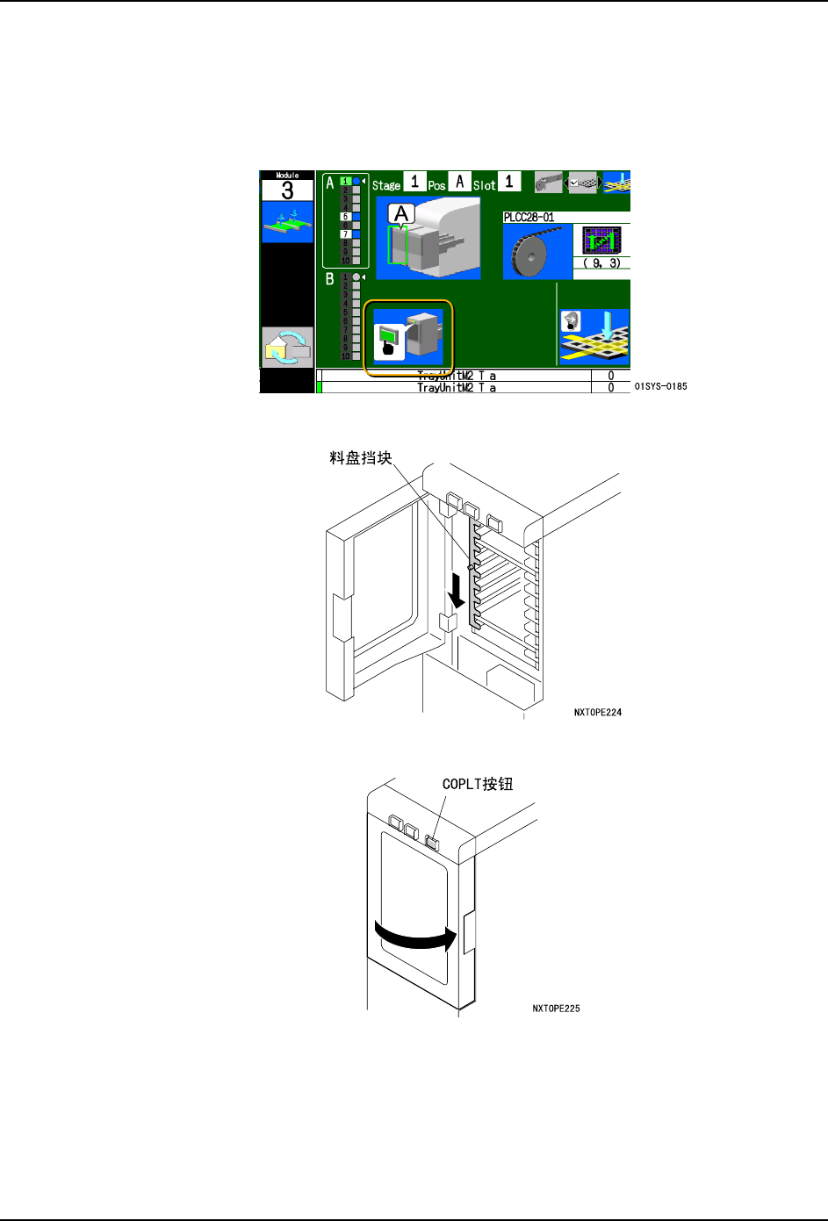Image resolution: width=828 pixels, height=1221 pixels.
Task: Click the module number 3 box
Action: coord(287,190)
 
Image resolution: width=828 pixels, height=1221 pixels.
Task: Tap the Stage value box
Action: coord(414,183)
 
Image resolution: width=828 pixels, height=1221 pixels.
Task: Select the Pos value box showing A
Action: coord(459,183)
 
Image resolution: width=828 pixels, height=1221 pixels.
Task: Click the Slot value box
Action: coord(508,183)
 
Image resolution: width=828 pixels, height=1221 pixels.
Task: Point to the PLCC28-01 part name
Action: coord(529,217)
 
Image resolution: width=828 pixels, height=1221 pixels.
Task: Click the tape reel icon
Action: coord(537,253)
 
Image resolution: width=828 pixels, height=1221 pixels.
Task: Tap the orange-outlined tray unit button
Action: coord(408,336)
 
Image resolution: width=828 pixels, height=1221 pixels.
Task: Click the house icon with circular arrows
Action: coord(287,347)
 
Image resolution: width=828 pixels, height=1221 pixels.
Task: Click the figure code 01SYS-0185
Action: coord(660,386)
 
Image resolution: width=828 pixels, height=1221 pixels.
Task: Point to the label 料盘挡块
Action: coord(360,458)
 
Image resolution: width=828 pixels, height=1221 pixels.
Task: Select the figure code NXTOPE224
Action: coord(597,713)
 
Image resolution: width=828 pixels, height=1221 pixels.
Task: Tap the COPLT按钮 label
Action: coord(477,784)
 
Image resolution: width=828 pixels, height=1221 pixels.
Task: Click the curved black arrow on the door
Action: coord(415,936)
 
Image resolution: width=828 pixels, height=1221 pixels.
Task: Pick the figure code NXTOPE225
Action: coord(556,1009)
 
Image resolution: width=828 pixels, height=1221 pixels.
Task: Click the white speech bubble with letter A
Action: coord(402,214)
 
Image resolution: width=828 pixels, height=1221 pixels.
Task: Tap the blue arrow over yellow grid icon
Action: coord(594,336)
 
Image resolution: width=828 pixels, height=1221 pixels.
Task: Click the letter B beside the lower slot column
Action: coord(330,279)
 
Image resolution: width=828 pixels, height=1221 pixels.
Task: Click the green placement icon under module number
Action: coord(287,223)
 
